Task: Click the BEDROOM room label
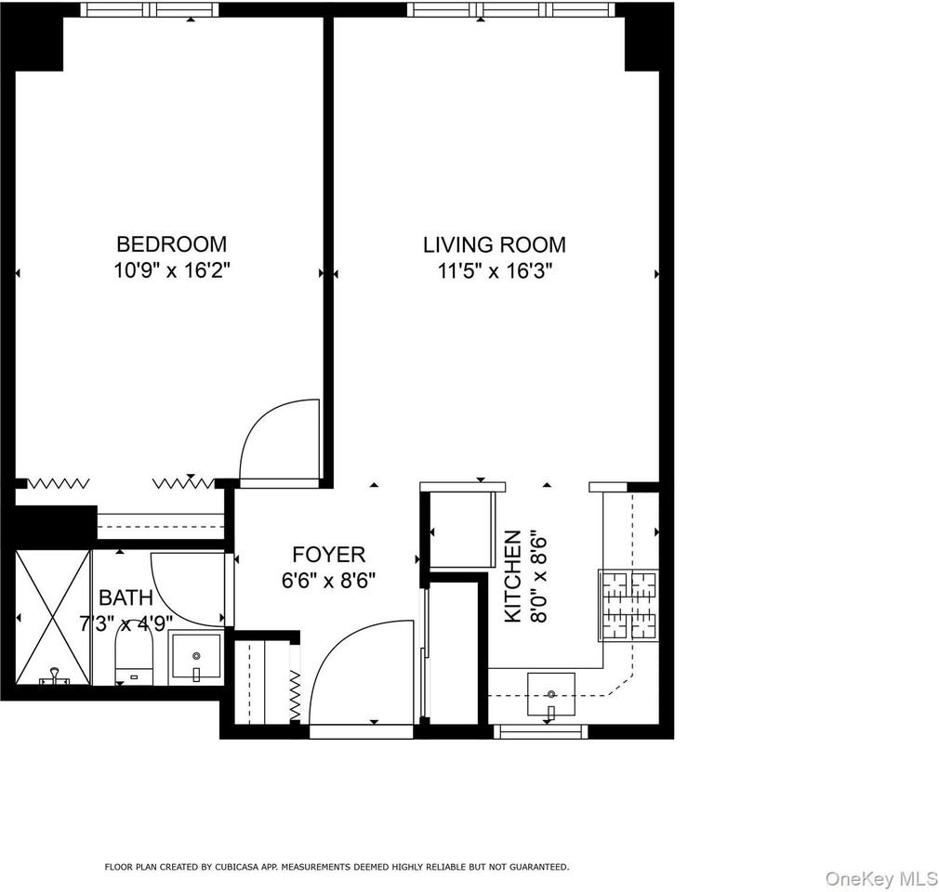point(171,244)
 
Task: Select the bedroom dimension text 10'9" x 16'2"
point(171,270)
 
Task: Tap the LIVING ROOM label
point(494,245)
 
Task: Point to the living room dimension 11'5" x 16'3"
point(494,271)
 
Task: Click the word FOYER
point(328,555)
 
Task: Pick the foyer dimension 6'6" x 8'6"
point(328,580)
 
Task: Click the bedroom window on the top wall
point(149,10)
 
